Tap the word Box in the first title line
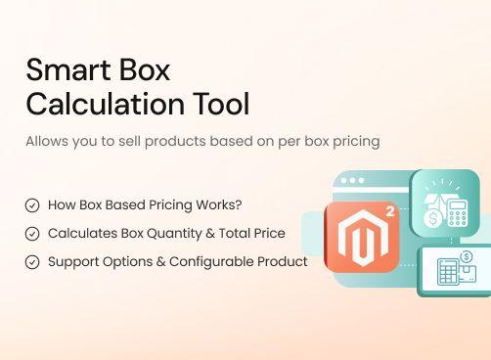[x=144, y=70]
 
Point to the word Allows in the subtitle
[x=47, y=141]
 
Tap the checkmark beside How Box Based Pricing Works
[x=32, y=205]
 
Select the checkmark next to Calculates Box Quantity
[x=32, y=234]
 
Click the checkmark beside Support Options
[x=32, y=262]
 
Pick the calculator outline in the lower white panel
[x=449, y=272]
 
